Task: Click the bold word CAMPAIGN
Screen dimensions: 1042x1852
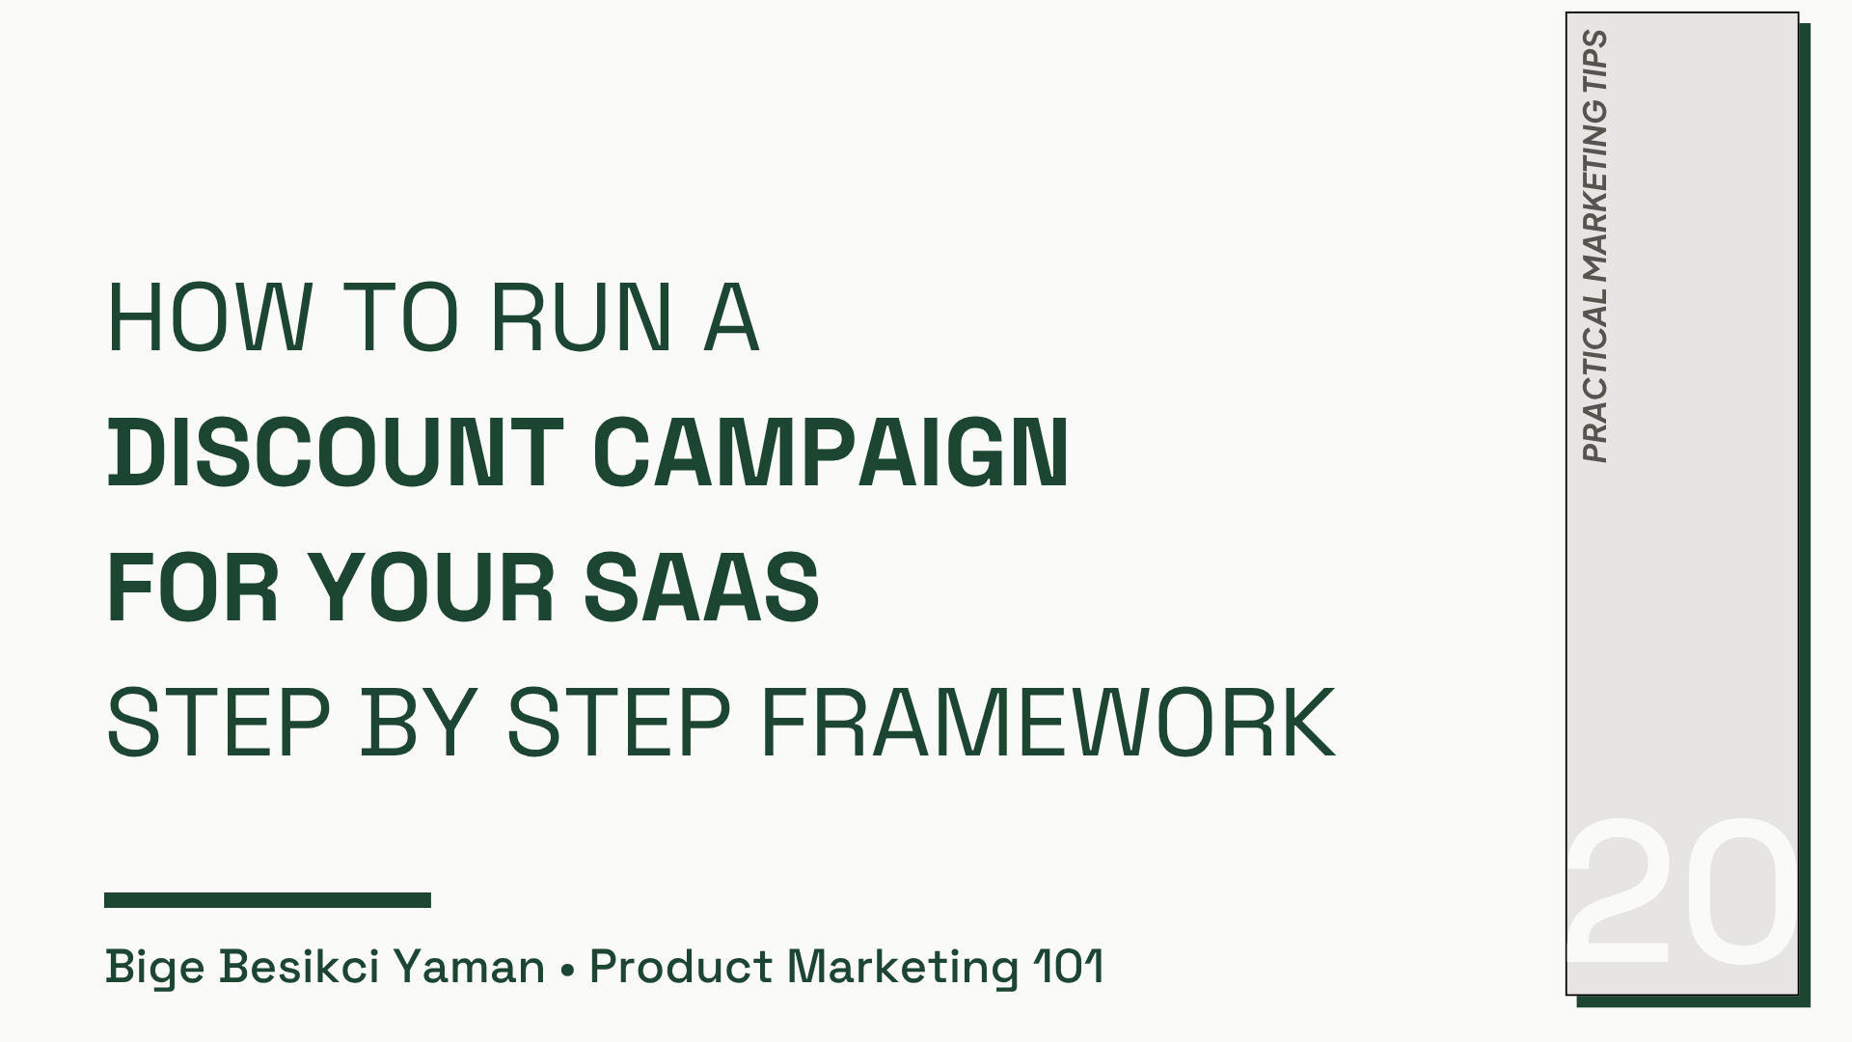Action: (x=831, y=452)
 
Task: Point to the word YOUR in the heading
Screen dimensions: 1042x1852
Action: (x=431, y=588)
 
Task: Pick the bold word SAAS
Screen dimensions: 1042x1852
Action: (x=701, y=588)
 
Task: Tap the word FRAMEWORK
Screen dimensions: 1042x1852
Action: (x=1048, y=723)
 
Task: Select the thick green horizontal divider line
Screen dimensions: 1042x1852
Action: (x=267, y=900)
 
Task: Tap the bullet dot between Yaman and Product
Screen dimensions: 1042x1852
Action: (x=567, y=968)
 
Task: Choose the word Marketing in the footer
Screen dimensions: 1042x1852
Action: (x=903, y=967)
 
